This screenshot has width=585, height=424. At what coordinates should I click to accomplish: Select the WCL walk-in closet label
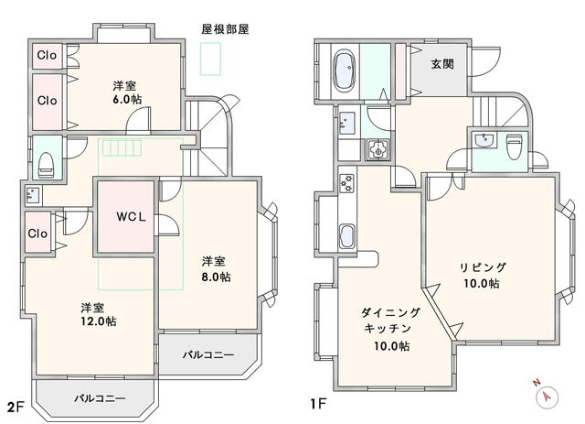tap(125, 217)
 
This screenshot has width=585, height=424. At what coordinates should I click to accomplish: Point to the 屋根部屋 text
tap(225, 29)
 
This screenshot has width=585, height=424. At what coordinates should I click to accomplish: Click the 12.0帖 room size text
tap(97, 321)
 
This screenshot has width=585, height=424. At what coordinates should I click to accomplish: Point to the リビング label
tap(481, 267)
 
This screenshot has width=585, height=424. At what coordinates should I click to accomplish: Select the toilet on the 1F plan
tap(514, 144)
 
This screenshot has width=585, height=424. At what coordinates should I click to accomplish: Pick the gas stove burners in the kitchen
tap(346, 183)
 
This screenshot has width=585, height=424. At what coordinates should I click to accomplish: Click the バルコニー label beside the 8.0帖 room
tap(207, 354)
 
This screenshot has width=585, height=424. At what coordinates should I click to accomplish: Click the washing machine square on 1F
tap(378, 150)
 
